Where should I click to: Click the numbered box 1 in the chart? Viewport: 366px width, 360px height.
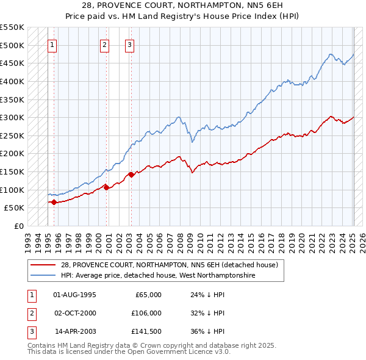point(52,45)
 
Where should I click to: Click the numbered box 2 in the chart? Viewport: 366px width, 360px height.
point(105,45)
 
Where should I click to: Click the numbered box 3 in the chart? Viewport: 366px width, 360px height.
point(130,45)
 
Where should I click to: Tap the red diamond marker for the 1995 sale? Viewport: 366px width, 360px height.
point(54,202)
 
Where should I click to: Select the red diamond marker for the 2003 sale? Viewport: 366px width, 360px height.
point(131,175)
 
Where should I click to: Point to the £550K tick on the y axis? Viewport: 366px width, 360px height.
point(13,27)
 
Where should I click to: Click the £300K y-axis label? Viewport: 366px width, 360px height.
point(13,117)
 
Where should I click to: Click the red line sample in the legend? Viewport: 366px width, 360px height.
point(43,265)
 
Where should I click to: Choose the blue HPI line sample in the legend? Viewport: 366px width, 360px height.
point(43,275)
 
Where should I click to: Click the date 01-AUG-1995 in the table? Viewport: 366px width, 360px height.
point(75,295)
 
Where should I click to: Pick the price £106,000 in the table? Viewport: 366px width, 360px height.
point(146,313)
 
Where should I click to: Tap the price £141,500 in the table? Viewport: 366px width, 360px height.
point(146,331)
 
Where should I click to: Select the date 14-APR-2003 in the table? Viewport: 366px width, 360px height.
point(75,331)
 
